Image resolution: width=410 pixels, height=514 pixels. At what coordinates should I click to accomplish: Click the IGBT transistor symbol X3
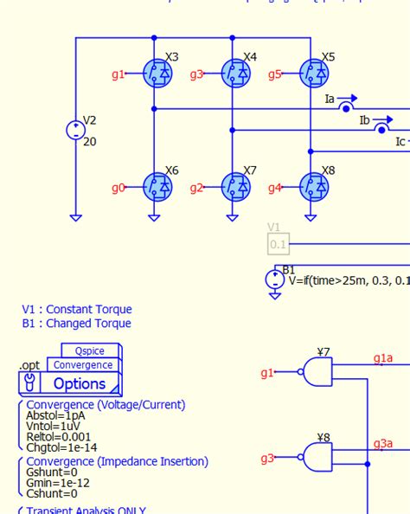(157, 74)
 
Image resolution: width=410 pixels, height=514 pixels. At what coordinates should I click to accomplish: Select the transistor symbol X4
(235, 74)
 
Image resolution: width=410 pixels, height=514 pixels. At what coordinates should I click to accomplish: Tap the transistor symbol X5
(313, 74)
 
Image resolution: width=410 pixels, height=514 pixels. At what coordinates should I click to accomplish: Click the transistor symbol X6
(157, 186)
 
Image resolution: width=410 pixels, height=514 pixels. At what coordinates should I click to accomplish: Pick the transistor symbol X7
(235, 186)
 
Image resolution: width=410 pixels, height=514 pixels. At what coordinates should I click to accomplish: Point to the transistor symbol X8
(313, 186)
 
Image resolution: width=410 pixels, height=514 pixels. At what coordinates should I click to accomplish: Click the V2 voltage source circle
(75, 131)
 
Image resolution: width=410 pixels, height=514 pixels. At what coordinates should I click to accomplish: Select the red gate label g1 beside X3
(119, 74)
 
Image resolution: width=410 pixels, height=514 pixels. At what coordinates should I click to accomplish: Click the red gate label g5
(274, 74)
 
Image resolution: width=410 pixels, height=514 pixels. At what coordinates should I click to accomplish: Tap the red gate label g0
(119, 187)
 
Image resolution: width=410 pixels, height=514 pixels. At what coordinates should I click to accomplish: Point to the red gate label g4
(274, 187)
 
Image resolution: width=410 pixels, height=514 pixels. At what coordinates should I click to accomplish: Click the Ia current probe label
(330, 100)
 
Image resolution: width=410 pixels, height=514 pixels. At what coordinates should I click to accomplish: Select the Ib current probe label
(365, 120)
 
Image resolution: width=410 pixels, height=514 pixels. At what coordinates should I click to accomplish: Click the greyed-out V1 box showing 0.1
(278, 244)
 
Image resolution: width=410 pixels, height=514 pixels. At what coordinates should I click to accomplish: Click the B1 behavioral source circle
(274, 279)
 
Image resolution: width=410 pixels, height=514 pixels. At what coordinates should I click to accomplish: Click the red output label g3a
(383, 444)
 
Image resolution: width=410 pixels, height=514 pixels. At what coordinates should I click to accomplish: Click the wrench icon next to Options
(30, 382)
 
